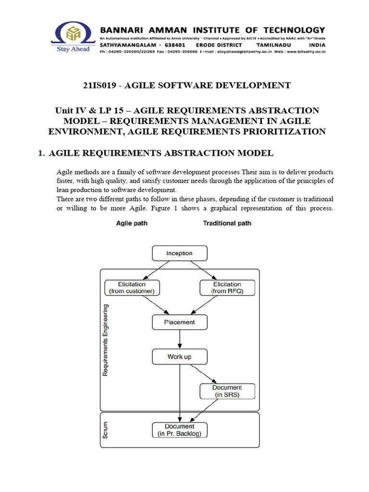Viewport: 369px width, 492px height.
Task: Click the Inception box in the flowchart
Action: click(x=179, y=253)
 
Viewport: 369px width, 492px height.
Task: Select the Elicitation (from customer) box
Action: click(x=132, y=287)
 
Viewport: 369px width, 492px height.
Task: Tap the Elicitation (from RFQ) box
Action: click(x=227, y=287)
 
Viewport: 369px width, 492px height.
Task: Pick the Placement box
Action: click(x=179, y=322)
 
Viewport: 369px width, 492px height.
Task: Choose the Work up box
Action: click(x=179, y=357)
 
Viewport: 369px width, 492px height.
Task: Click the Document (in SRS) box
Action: click(x=227, y=391)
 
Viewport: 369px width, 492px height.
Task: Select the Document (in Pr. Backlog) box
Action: click(x=179, y=430)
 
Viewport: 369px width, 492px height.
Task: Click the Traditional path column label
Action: click(x=227, y=223)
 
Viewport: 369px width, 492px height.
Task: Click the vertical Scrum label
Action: click(x=106, y=430)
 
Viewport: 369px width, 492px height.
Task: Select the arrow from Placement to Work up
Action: click(x=179, y=339)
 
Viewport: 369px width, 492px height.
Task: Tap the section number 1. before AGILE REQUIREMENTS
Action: click(x=41, y=153)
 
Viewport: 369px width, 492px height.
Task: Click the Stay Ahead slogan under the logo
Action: click(x=73, y=49)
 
